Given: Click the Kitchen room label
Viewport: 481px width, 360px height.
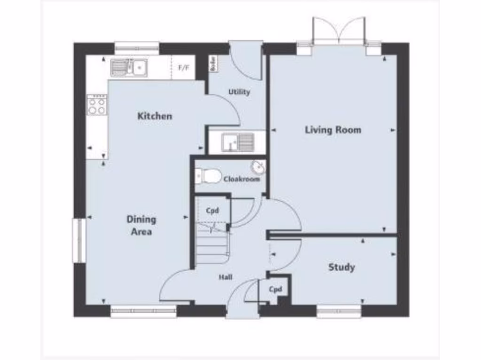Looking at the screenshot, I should click(x=155, y=116).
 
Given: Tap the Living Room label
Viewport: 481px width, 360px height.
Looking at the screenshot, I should click(x=333, y=130).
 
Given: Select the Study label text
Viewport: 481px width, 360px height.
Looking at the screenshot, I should click(x=341, y=267).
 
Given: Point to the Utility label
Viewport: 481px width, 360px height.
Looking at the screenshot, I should click(x=239, y=92).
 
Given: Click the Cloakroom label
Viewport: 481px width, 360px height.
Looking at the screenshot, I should click(x=241, y=179).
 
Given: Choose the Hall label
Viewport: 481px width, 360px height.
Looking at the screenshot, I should click(x=225, y=277).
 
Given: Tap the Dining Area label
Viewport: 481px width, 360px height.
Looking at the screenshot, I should click(x=141, y=225).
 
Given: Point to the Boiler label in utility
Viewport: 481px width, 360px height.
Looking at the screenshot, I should click(x=213, y=63).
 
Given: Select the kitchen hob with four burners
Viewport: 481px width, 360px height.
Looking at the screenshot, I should click(x=97, y=105).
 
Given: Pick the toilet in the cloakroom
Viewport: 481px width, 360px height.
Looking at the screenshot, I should click(x=208, y=176).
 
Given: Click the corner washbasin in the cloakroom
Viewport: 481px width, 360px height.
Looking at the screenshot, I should click(x=257, y=167).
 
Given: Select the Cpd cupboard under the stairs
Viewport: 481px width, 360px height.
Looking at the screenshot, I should click(x=213, y=210).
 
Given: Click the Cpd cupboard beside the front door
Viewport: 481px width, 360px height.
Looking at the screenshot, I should click(x=275, y=289).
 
